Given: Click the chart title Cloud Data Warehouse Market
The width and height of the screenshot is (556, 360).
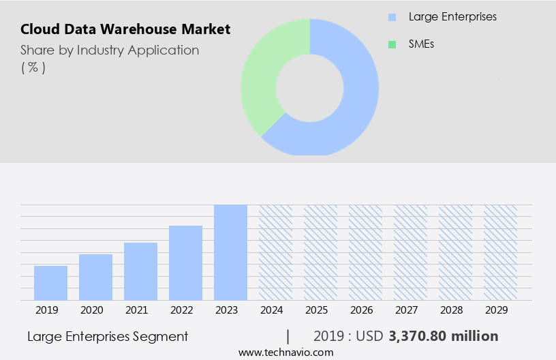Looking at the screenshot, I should (125, 29).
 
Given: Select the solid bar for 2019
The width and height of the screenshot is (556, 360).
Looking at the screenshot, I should (50, 283).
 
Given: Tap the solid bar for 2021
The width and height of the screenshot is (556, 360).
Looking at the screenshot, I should (140, 271).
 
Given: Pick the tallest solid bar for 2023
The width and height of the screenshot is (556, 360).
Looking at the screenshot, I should (230, 252).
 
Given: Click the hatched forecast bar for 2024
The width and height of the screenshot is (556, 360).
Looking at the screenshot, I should (275, 252).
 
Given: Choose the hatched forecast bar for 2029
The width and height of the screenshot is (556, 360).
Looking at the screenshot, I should (500, 252).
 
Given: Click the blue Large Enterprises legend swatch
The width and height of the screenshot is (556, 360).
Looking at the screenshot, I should (392, 17).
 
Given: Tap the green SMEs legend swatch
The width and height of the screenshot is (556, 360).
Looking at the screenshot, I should (392, 44).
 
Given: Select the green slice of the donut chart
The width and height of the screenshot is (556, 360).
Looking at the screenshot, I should (262, 75).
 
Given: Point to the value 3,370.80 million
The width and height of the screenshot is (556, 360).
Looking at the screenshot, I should (444, 336).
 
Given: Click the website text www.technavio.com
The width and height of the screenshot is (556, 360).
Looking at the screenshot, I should (285, 352).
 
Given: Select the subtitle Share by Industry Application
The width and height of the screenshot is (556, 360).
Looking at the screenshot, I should (110, 50).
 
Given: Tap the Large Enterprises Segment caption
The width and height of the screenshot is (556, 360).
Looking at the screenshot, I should (108, 336).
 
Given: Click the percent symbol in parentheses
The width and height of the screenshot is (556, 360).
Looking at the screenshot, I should (33, 67).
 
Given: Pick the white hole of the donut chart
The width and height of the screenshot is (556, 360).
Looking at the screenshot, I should (309, 87).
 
